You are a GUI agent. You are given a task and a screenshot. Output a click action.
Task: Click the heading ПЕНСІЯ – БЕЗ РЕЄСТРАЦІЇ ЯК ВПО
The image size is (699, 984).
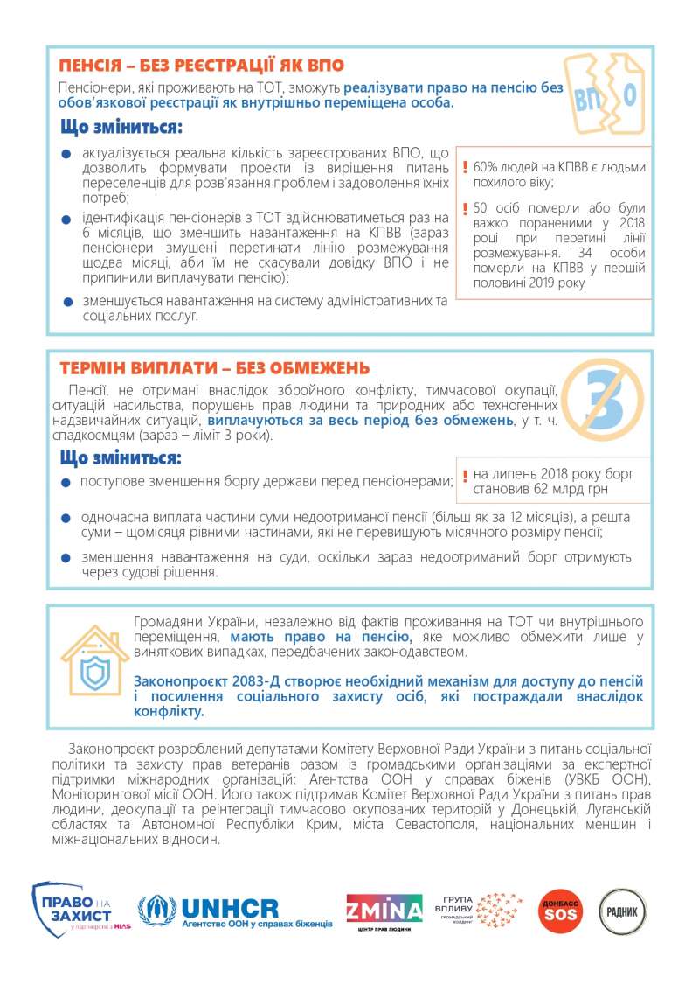(x=201, y=66)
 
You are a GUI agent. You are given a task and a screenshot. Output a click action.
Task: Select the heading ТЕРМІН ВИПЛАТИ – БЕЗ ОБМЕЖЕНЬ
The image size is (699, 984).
(x=214, y=368)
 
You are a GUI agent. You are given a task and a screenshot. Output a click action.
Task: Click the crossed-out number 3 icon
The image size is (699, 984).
(x=602, y=401)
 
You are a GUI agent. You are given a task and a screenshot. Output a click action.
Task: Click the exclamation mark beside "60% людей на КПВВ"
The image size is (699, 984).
(x=466, y=165)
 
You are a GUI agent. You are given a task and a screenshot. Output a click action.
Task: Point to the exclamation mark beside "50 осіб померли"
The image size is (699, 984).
(x=466, y=208)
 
